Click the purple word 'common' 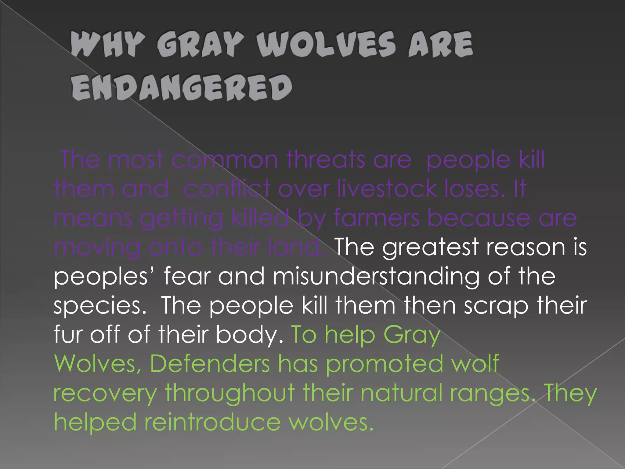coord(224,160)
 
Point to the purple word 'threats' coord(325,160)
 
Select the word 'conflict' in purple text coord(227,189)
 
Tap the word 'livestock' coord(387,189)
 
